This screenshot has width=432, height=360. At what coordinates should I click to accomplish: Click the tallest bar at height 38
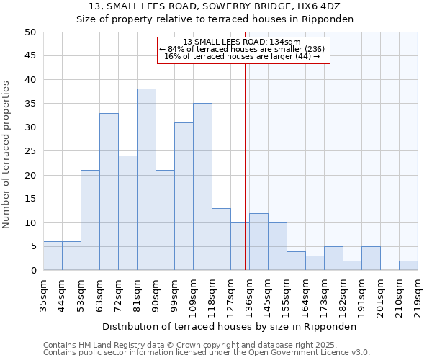coord(146,179)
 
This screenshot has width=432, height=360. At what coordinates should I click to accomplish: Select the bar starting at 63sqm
coord(109,192)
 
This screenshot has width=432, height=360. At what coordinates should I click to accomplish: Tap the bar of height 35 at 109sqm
coord(202,186)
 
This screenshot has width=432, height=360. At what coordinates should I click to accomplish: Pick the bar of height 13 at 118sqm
coord(221,239)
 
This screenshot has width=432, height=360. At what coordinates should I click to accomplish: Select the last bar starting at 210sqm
coord(408,265)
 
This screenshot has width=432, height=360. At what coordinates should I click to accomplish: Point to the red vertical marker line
coord(245,166)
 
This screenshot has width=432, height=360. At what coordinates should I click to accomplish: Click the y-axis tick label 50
coord(30,32)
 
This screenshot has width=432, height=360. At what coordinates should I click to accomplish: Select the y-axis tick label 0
coord(32,271)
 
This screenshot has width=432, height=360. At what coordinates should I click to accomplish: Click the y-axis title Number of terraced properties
coord(6,154)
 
